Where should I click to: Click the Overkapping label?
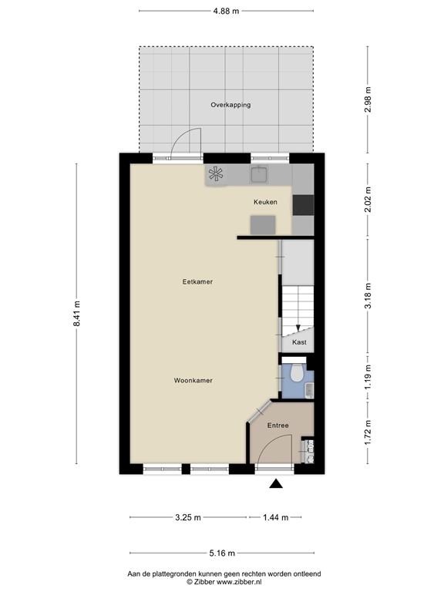pyautogui.click(x=230, y=105)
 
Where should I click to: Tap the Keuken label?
pyautogui.click(x=265, y=202)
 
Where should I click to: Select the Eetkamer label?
pyautogui.click(x=197, y=282)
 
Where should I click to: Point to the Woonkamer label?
pyautogui.click(x=193, y=381)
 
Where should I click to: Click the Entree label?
pyautogui.click(x=277, y=425)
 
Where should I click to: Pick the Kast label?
pyautogui.click(x=299, y=341)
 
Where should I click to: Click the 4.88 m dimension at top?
pyautogui.click(x=225, y=11)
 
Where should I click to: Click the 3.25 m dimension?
pyautogui.click(x=187, y=517)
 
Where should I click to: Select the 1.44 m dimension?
pyautogui.click(x=275, y=517)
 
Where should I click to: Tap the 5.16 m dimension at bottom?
pyautogui.click(x=222, y=553)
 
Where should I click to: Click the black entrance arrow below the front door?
pyautogui.click(x=275, y=484)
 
